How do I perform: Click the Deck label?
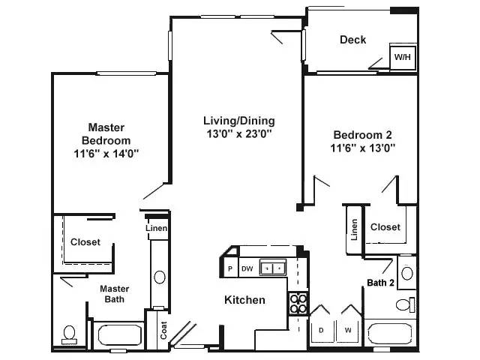coord(352,40)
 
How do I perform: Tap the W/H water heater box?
coord(403,57)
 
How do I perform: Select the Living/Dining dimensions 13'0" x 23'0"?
coord(239,134)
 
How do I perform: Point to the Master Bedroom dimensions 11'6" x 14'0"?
coord(106,153)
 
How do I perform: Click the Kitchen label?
coord(244,300)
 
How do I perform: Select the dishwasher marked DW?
coord(247,268)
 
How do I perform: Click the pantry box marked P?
coord(230,268)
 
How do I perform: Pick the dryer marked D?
coord(322,329)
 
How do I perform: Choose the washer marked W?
coord(348,329)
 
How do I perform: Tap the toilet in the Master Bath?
coord(70,333)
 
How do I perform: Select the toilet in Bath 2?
coord(405,304)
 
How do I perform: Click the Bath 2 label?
coord(381,283)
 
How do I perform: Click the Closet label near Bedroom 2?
coord(385,227)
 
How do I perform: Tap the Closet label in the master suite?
coord(85,242)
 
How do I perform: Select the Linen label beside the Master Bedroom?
coord(157,229)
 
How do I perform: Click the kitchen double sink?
coord(271,267)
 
